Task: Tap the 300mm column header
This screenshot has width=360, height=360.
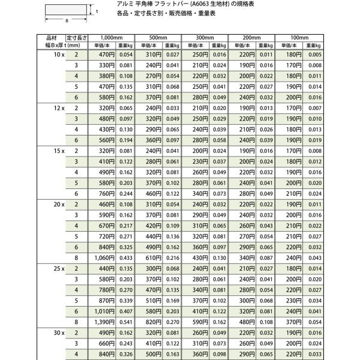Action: (205, 37)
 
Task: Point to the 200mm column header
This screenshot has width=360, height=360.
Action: (253, 37)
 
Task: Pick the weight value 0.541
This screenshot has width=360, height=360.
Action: (125, 322)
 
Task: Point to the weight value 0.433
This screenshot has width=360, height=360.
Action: (125, 257)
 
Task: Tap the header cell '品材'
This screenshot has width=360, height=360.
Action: (53, 37)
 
